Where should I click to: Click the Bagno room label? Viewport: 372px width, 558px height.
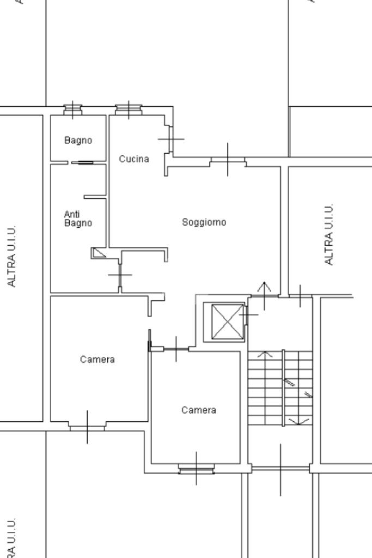pyautogui.click(x=78, y=140)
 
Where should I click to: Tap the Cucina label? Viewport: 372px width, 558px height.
pyautogui.click(x=134, y=159)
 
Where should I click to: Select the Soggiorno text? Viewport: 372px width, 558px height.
pyautogui.click(x=204, y=222)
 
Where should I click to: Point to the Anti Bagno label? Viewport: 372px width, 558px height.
pyautogui.click(x=78, y=219)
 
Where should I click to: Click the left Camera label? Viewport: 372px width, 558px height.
pyautogui.click(x=97, y=360)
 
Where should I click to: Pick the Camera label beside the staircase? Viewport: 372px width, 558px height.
pyautogui.click(x=198, y=410)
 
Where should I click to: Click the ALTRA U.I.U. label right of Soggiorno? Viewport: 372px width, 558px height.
pyautogui.click(x=328, y=235)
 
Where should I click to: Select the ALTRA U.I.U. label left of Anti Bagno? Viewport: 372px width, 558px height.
pyautogui.click(x=12, y=256)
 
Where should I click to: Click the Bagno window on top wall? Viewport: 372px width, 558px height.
pyautogui.click(x=72, y=110)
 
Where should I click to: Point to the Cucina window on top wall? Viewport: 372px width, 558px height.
pyautogui.click(x=128, y=110)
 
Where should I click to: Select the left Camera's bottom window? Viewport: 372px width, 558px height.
pyautogui.click(x=87, y=427)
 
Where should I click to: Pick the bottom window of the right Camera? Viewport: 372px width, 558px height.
pyautogui.click(x=196, y=468)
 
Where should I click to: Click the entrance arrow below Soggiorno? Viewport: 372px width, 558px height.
pyautogui.click(x=264, y=294)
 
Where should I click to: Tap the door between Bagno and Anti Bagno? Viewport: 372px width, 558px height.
pyautogui.click(x=82, y=162)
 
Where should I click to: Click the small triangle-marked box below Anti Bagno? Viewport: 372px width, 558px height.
pyautogui.click(x=99, y=253)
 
